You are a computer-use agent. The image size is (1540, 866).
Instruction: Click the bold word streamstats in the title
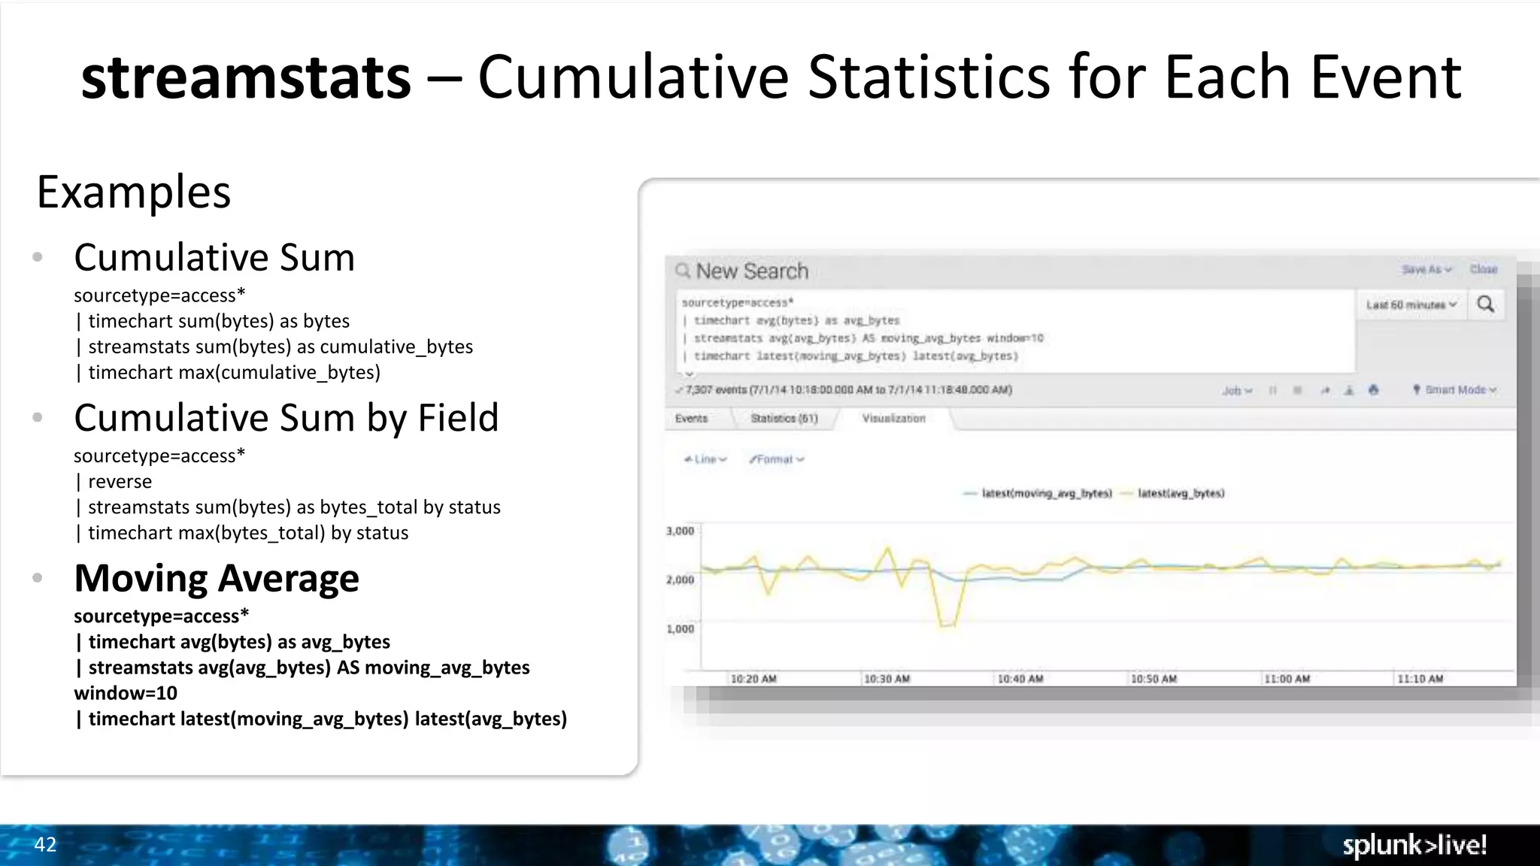click(246, 77)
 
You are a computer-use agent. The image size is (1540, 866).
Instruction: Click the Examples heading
click(134, 192)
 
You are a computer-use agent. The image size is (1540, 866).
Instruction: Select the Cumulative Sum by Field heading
click(286, 418)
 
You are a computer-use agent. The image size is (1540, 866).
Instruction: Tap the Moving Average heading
click(217, 578)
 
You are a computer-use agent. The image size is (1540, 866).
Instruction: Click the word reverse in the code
click(120, 482)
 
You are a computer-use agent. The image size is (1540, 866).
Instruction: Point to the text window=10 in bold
click(126, 693)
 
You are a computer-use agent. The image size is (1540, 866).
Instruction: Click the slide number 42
click(45, 845)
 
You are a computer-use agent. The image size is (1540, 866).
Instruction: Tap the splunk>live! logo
click(1414, 845)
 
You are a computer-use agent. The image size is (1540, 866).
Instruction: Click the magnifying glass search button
click(1486, 304)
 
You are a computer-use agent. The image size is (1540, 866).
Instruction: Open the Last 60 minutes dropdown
click(1411, 305)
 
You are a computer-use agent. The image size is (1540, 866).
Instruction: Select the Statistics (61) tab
click(784, 419)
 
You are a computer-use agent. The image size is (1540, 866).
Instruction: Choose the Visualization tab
click(893, 419)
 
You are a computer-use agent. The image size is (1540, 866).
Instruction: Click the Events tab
click(691, 419)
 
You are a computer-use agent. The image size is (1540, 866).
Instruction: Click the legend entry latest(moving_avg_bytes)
click(1046, 494)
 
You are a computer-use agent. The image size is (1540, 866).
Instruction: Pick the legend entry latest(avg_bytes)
click(1181, 494)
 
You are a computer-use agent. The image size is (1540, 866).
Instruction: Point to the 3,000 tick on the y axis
click(680, 531)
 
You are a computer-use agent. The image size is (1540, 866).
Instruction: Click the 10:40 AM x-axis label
click(1020, 679)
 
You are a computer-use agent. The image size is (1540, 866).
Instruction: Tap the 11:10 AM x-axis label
click(1420, 679)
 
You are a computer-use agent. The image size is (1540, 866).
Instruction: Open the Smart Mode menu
click(1455, 390)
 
